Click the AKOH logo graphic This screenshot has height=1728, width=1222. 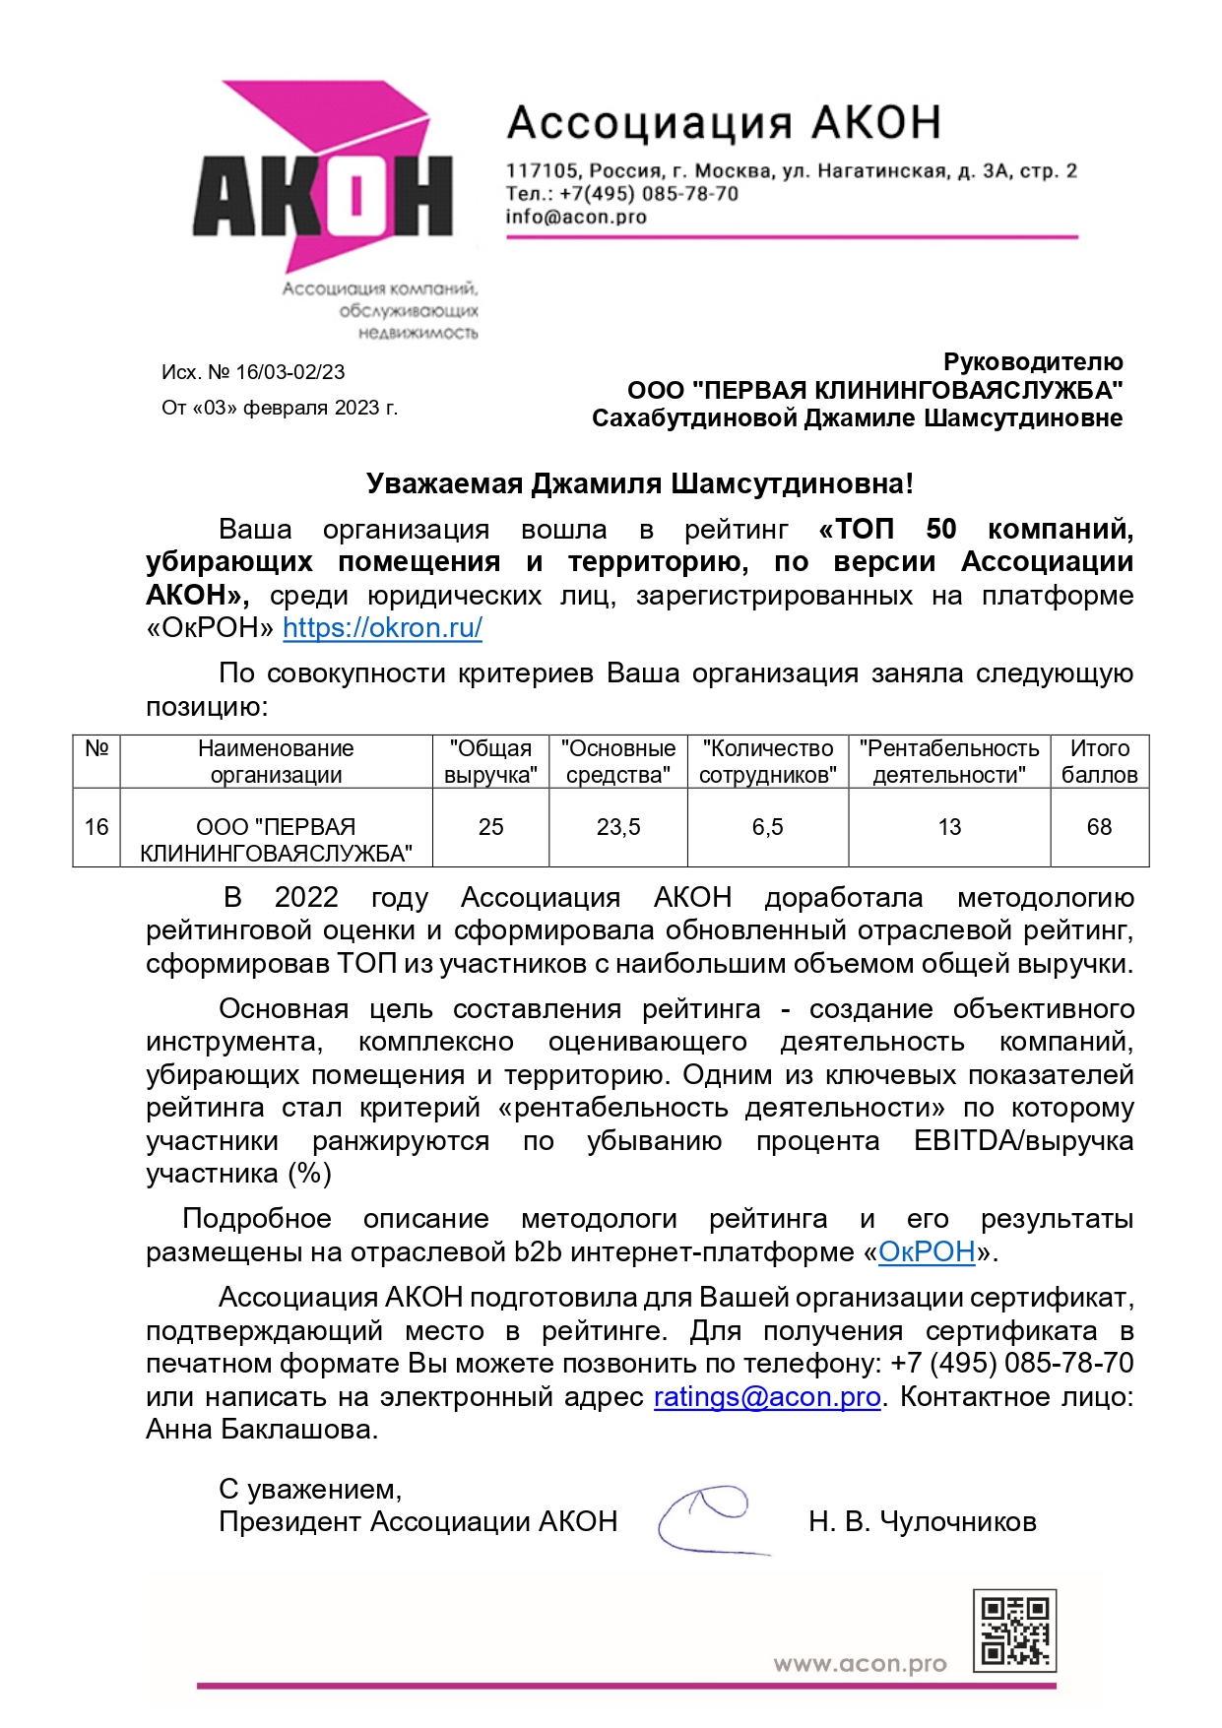[x=323, y=197]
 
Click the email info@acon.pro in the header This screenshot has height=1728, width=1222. [x=576, y=217]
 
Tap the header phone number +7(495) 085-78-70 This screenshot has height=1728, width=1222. [x=649, y=194]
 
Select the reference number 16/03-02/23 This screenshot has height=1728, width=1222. [x=290, y=372]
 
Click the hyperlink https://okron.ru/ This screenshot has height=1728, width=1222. [x=382, y=628]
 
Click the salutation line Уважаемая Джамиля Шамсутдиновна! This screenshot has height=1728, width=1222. [x=639, y=483]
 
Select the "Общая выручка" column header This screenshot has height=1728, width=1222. [x=490, y=761]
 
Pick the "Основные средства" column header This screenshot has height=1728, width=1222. [x=617, y=761]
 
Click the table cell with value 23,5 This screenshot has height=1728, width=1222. [x=617, y=827]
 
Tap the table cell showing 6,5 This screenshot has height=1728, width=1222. [x=767, y=827]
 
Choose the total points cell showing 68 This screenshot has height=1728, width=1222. [x=1099, y=827]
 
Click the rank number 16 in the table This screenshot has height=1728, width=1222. [x=96, y=827]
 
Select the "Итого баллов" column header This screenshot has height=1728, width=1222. [x=1099, y=761]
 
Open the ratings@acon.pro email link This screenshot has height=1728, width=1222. [x=767, y=1397]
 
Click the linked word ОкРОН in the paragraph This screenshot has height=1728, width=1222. [x=926, y=1252]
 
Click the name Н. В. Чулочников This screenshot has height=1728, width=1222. [x=922, y=1522]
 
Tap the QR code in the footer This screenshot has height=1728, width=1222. [x=1014, y=1631]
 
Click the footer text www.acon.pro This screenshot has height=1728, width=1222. [x=860, y=1664]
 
